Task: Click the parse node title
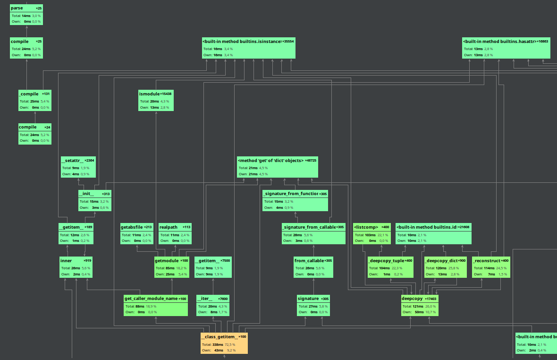[x=17, y=8]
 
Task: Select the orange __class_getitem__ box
[x=224, y=343]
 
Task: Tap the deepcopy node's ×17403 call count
[x=431, y=299]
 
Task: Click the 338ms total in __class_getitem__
[x=218, y=345]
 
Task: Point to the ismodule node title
[x=149, y=94]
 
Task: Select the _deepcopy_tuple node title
[x=386, y=260]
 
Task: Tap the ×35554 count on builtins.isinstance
[x=288, y=42]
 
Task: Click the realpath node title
[x=169, y=227]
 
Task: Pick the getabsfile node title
[x=131, y=227]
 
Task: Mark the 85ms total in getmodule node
[x=170, y=268]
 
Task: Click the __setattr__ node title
[x=72, y=160]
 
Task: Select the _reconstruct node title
[x=486, y=260]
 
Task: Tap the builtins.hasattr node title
[x=499, y=42]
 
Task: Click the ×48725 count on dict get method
[x=311, y=160]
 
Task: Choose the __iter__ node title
[x=204, y=299]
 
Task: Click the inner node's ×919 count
[x=87, y=260]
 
